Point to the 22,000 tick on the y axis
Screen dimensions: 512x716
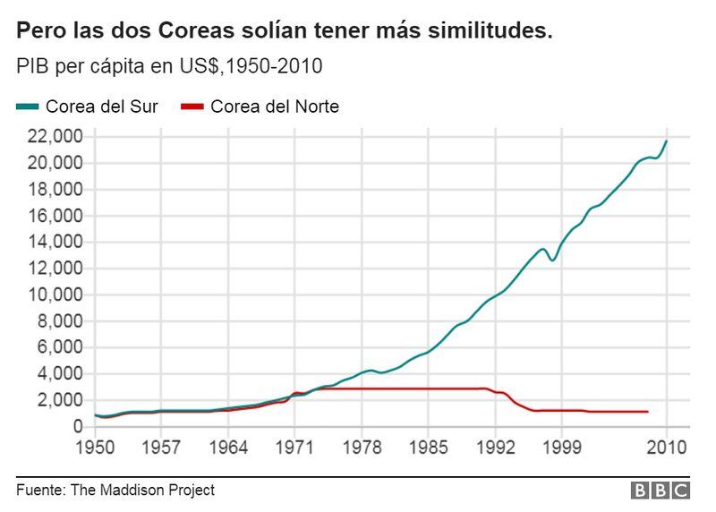pyautogui.click(x=56, y=137)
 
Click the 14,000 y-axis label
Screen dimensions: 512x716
pyautogui.click(x=56, y=242)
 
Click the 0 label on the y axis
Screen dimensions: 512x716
pyautogui.click(x=80, y=426)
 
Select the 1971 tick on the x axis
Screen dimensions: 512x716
pyautogui.click(x=295, y=447)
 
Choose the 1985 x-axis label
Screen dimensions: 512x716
pyautogui.click(x=429, y=447)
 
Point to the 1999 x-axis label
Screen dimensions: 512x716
pyautogui.click(x=562, y=447)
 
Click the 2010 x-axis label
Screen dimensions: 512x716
pyautogui.click(x=666, y=447)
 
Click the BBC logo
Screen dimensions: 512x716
pyautogui.click(x=661, y=491)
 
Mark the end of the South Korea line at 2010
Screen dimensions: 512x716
pyautogui.click(x=666, y=141)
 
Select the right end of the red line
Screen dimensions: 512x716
pyautogui.click(x=647, y=412)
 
